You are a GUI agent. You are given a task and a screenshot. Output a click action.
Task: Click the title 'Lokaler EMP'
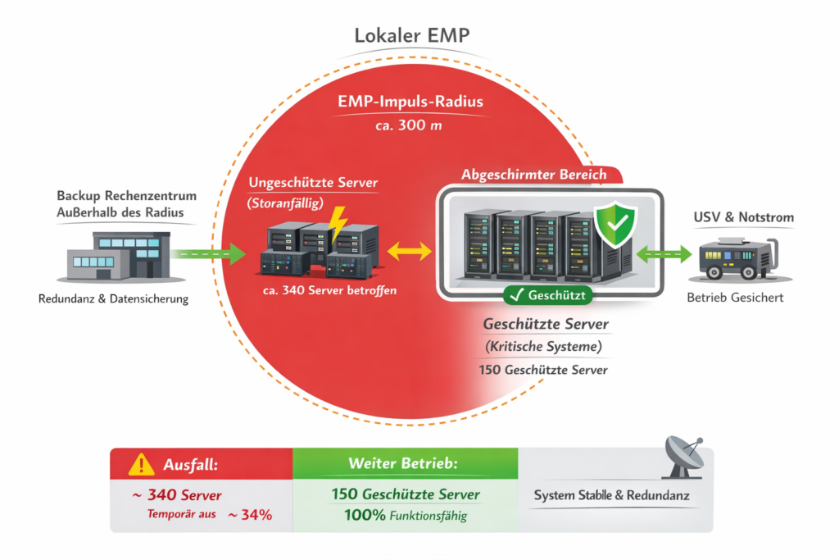[x=412, y=36]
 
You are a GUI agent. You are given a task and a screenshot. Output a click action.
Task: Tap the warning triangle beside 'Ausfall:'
[x=141, y=465]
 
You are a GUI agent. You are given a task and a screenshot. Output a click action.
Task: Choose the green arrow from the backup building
[x=211, y=254]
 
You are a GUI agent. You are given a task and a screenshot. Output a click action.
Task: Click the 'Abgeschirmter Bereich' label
[x=534, y=175]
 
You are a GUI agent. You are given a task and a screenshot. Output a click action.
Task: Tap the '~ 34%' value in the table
[x=249, y=515]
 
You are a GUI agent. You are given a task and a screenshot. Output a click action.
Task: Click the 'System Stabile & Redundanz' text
[x=611, y=496]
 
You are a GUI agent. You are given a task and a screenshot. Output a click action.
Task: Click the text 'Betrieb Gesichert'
[x=734, y=297]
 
